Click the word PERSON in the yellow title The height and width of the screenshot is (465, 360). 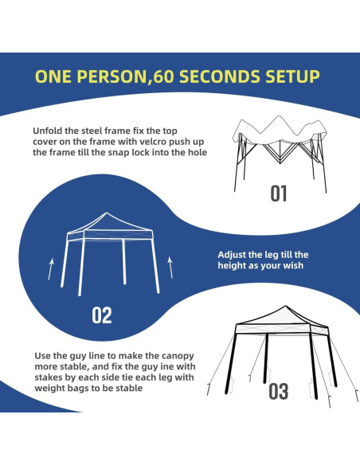pos(112,76)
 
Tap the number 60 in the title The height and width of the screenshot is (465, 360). pos(164,76)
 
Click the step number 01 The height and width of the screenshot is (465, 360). pos(279,193)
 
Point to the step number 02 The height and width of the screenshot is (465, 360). pos(102,315)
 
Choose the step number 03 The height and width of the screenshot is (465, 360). pos(279,392)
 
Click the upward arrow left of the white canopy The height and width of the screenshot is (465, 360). pos(51,269)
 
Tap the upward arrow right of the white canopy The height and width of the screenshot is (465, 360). pos(170,268)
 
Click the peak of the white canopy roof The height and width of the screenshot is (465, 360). pos(107,213)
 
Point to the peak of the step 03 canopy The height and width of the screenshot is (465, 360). pos(285,306)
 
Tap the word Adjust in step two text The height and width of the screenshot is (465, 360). pos(232,255)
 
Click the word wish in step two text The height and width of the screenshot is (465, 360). pos(293,265)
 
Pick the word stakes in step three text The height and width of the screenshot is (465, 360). pos(47,377)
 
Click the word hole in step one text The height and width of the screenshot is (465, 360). pos(198,152)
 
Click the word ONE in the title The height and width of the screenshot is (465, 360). pos(53,76)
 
